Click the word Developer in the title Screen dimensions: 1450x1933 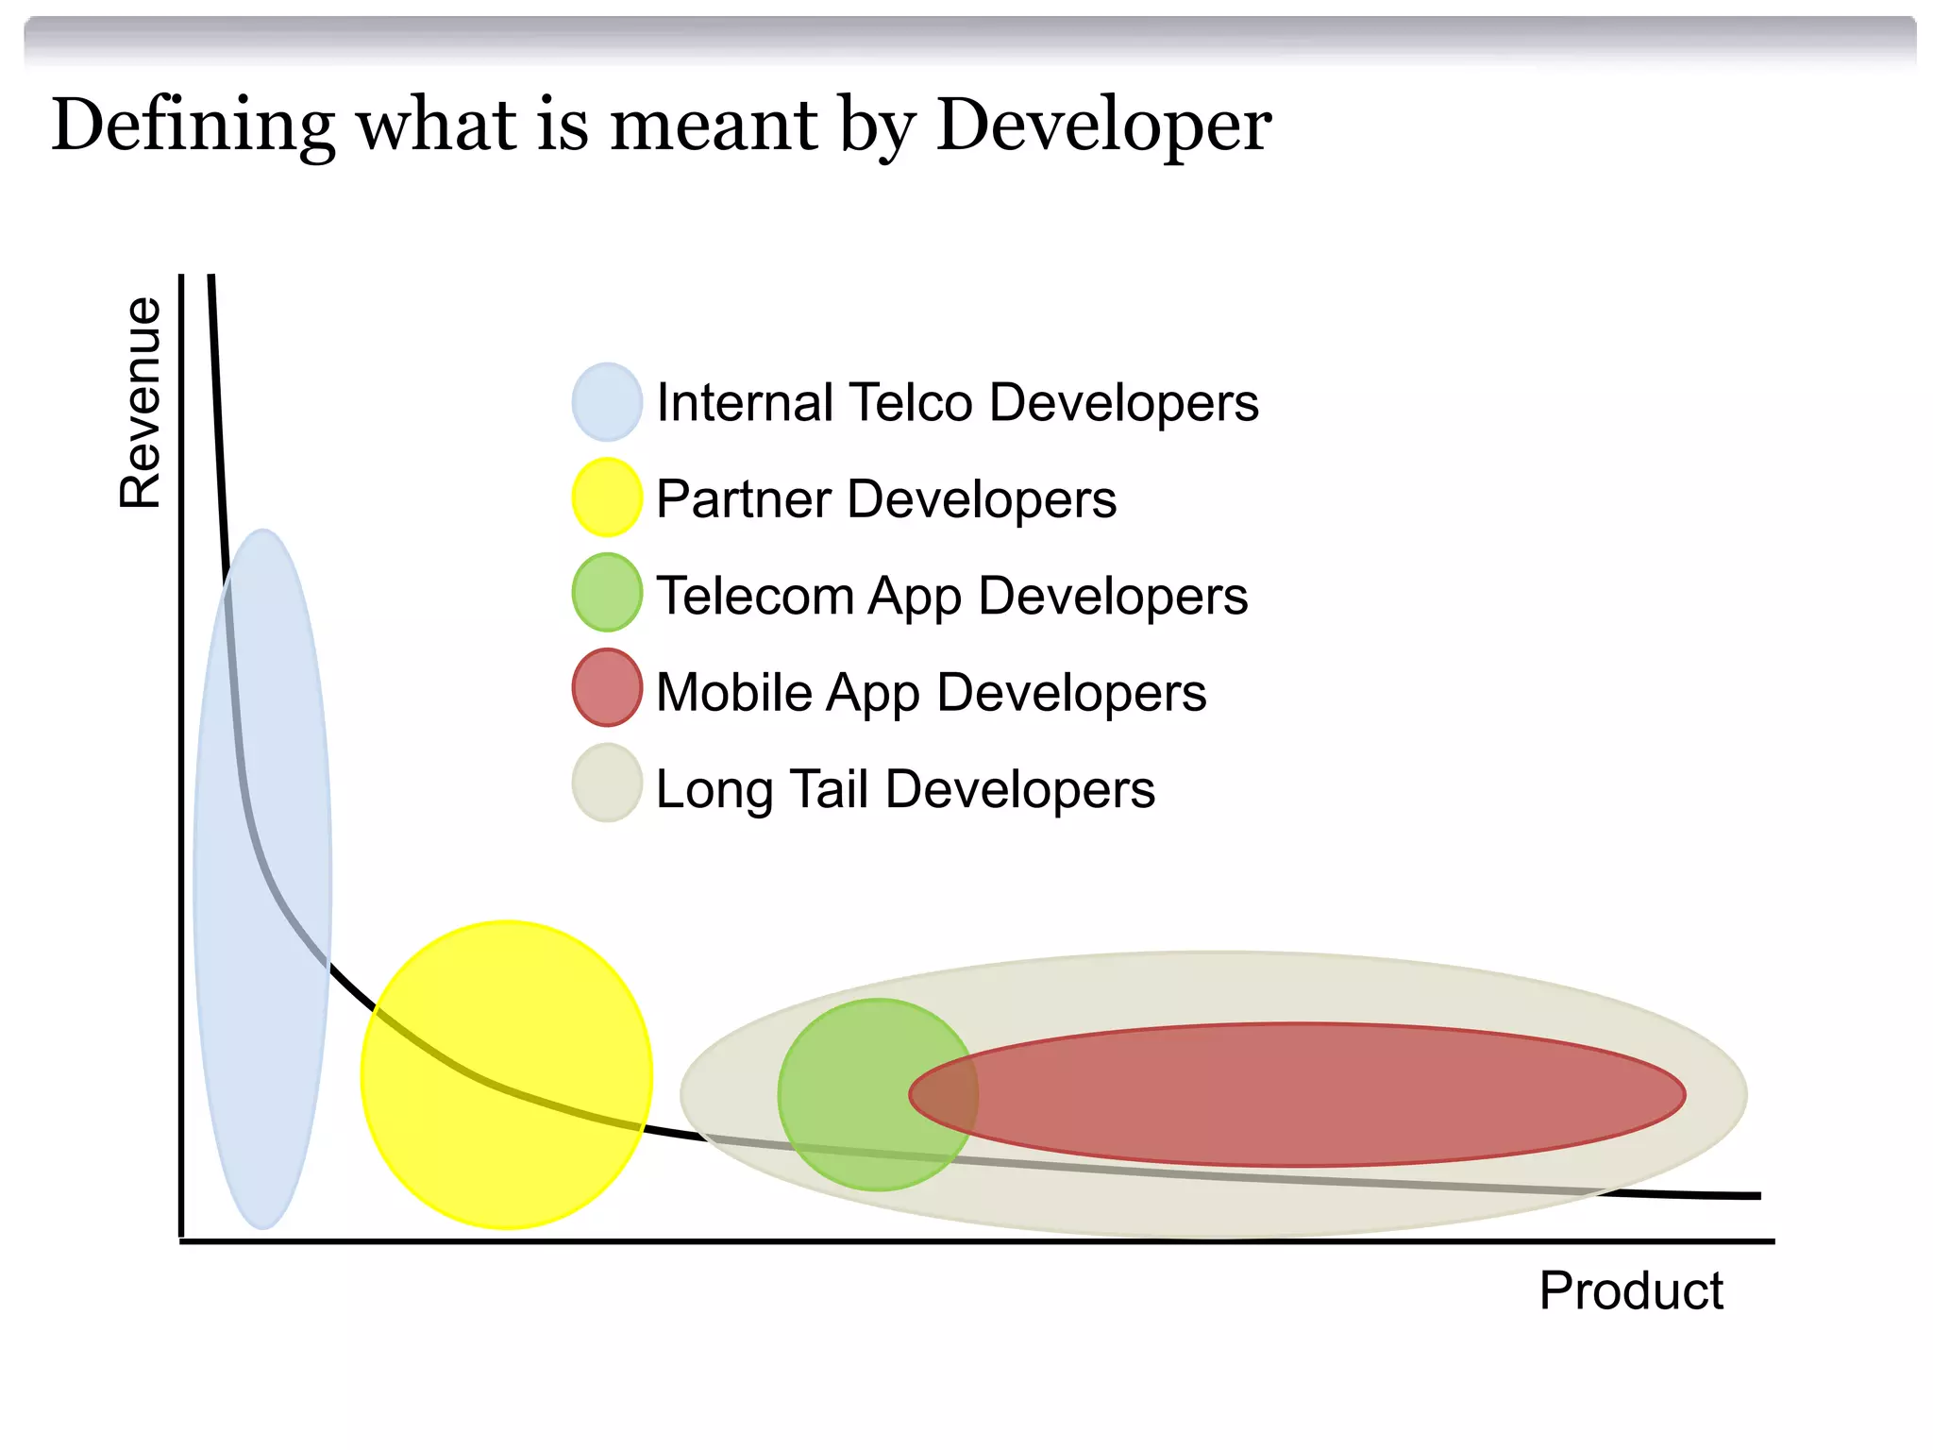tap(1103, 125)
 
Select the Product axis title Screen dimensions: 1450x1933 tap(1630, 1290)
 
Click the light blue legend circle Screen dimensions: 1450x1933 tap(607, 402)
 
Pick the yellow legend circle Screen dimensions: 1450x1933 tap(607, 497)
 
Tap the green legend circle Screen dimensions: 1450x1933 tap(607, 593)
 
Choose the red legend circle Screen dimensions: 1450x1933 tap(607, 688)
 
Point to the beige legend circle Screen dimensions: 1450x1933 tap(607, 784)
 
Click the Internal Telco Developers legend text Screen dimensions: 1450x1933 tap(957, 403)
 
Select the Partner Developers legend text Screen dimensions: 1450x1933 tap(885, 499)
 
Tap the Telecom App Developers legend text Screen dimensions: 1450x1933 tap(951, 597)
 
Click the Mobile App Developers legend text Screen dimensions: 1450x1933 tap(931, 693)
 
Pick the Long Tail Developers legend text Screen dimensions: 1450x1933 tap(904, 789)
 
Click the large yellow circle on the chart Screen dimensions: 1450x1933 tap(506, 1074)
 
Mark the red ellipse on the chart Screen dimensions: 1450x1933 tap(1321, 1095)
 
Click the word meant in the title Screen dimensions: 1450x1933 tap(714, 125)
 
